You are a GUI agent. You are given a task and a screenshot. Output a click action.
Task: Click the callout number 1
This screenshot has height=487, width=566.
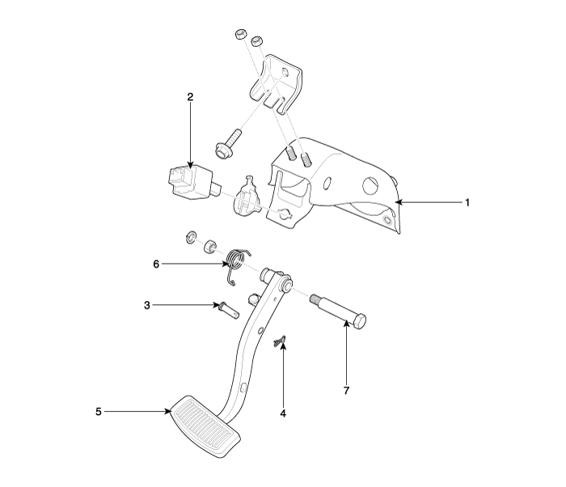tap(467, 203)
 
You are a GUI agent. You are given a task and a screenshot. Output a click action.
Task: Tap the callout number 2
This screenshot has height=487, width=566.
tap(190, 97)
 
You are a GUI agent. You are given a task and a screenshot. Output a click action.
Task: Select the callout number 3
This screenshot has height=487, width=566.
tap(147, 305)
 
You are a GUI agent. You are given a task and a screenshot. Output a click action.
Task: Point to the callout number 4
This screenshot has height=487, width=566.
tap(283, 413)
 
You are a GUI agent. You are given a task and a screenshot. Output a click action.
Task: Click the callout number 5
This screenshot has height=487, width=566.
tap(99, 412)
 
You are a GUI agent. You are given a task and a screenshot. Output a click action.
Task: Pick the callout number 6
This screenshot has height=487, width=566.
tap(156, 265)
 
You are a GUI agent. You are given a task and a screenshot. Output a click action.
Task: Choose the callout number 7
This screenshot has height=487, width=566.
tap(347, 391)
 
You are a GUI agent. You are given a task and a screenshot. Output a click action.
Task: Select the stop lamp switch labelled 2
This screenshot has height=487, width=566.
tap(189, 182)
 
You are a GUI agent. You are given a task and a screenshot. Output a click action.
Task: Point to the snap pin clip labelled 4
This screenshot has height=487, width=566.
tap(280, 341)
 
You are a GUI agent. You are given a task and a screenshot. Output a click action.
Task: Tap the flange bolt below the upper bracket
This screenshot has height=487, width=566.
tap(227, 144)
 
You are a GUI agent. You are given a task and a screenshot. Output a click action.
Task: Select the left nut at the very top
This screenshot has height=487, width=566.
tap(240, 35)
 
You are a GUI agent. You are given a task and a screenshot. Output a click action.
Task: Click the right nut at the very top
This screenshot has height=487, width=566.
tap(256, 40)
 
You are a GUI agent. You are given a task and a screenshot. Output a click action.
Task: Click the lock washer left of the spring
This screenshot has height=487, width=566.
tap(191, 237)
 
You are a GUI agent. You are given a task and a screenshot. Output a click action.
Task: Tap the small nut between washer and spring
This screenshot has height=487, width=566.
tap(209, 247)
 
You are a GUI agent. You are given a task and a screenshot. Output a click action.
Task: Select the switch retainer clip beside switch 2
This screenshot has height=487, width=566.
tap(247, 197)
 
